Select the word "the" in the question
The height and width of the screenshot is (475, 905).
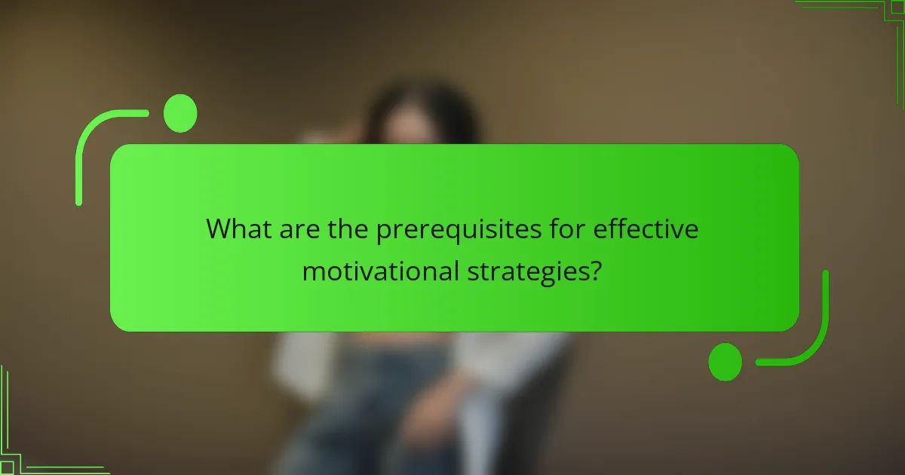coord(349,229)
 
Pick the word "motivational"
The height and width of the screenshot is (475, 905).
coord(375,270)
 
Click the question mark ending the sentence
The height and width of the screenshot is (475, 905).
coord(596,270)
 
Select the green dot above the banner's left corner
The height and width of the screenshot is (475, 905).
coord(180,114)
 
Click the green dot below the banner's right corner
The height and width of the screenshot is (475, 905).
coord(726,362)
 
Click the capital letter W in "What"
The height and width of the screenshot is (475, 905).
coord(219,229)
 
